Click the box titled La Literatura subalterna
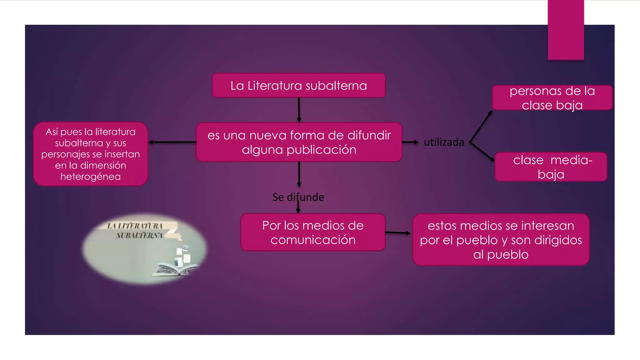coord(298,85)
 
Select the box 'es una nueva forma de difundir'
coord(299,142)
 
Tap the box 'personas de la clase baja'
coord(552,98)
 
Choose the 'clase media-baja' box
coord(551,167)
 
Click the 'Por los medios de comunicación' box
coord(313,232)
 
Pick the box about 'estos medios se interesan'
coord(501,240)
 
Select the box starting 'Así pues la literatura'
coord(91,154)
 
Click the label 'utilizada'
coord(444,142)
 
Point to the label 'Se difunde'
coord(298,197)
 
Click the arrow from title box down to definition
coord(299,110)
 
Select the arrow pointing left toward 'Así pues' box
coord(172,142)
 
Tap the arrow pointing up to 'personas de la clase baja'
coord(481,127)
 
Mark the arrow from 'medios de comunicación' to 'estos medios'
coord(397,233)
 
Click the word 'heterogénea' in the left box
coord(91,177)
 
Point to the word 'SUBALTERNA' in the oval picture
coord(139,235)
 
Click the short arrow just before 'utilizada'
coord(410,142)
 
